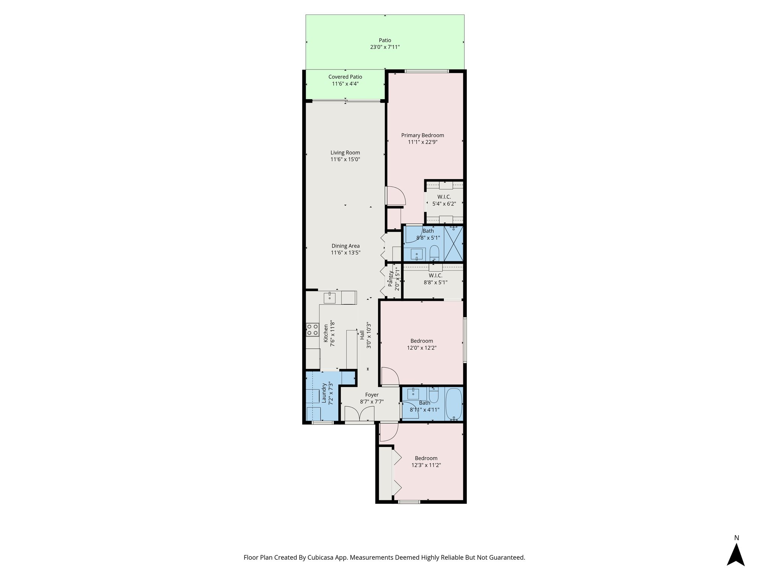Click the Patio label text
point(384,40)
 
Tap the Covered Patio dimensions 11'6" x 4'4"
point(345,84)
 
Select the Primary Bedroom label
point(422,135)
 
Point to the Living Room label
point(345,153)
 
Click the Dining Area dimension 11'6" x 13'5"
point(345,253)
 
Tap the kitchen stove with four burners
point(312,330)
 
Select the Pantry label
point(391,278)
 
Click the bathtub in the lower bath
point(454,405)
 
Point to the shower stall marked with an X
point(453,243)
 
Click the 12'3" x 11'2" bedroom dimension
point(426,465)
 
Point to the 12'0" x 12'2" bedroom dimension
point(422,348)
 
